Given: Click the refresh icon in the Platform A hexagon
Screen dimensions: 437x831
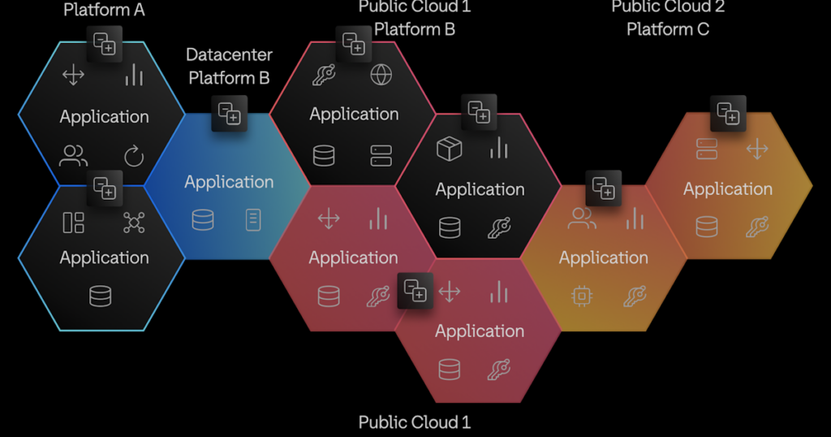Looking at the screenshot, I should (134, 156).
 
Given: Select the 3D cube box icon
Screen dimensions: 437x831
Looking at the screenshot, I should (449, 149).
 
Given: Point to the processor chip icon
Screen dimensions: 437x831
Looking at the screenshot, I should (581, 296).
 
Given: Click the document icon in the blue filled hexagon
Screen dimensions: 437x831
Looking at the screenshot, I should (253, 219).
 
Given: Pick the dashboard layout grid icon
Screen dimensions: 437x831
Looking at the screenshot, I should (73, 223).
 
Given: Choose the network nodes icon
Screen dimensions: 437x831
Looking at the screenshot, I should (134, 223).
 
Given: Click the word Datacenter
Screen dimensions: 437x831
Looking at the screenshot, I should (229, 55).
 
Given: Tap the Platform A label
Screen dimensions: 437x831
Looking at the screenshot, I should (104, 11).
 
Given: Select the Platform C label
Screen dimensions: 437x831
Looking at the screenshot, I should (668, 29).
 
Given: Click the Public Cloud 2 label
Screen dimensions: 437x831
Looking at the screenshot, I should (668, 7).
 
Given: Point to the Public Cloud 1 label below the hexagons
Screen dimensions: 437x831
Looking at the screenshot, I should (415, 422).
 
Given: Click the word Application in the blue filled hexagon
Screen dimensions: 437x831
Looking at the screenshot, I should (229, 182).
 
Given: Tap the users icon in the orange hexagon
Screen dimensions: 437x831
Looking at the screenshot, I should (581, 218).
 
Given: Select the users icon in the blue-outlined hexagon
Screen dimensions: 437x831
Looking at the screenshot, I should (74, 155).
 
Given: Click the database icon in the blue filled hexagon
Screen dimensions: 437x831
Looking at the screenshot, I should (202, 219).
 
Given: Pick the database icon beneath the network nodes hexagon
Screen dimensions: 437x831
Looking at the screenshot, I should (100, 296).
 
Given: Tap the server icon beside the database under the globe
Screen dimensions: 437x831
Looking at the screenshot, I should (381, 155).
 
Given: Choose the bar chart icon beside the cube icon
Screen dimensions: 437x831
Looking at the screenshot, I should (498, 148).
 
